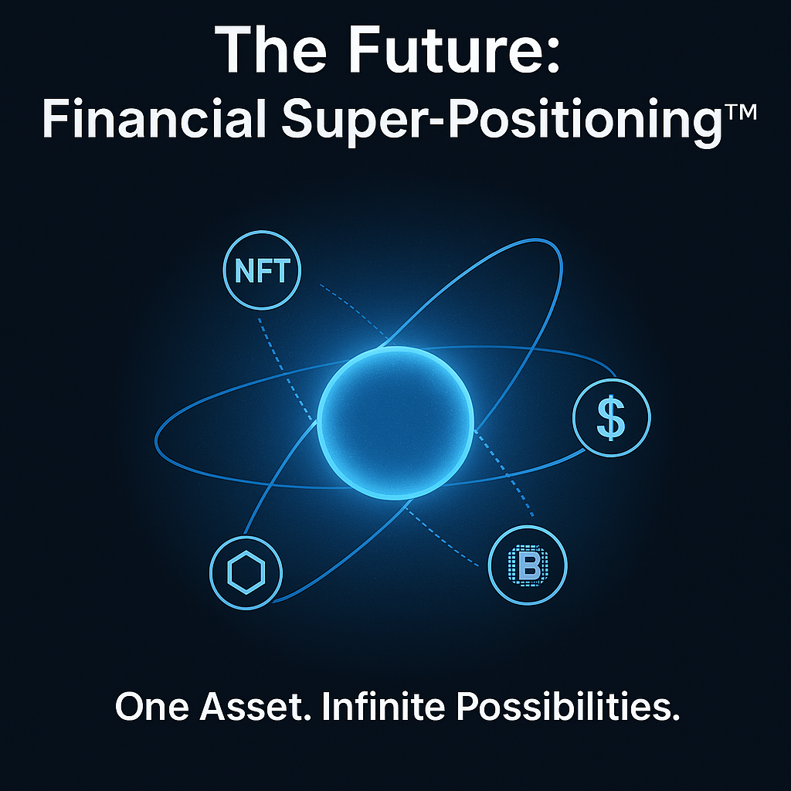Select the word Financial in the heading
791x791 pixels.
[154, 119]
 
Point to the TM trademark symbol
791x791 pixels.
[739, 113]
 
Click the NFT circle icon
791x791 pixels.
[262, 270]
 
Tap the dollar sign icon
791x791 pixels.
[612, 418]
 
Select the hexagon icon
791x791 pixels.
[246, 572]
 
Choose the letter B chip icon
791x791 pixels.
[528, 565]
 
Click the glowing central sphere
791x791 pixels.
[395, 423]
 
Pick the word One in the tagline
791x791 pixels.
[152, 706]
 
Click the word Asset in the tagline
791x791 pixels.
[255, 706]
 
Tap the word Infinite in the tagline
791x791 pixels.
[383, 706]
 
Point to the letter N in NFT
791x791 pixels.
[245, 271]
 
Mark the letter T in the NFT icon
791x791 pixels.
[280, 271]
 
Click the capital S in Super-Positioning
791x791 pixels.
[299, 118]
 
